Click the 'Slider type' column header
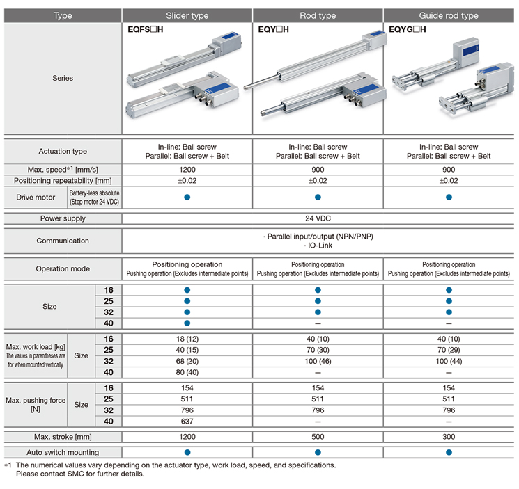pyautogui.click(x=187, y=15)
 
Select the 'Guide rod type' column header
pyautogui.click(x=449, y=15)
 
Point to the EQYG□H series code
pyautogui.click(x=408, y=30)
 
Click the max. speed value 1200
pyautogui.click(x=187, y=169)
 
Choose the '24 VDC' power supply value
pyautogui.click(x=318, y=218)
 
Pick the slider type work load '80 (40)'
pyautogui.click(x=187, y=372)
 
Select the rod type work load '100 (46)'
pyautogui.click(x=318, y=361)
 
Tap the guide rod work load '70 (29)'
pyautogui.click(x=449, y=350)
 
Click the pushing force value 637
pyautogui.click(x=187, y=421)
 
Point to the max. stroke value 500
pyautogui.click(x=318, y=437)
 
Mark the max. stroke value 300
pyautogui.click(x=449, y=437)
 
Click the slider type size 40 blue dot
pyautogui.click(x=187, y=323)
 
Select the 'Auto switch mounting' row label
pyautogui.click(x=63, y=452)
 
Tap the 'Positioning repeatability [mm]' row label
pyautogui.click(x=63, y=181)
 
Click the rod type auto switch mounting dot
pyautogui.click(x=318, y=452)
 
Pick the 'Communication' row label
pyautogui.click(x=63, y=241)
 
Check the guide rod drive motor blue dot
pyautogui.click(x=449, y=198)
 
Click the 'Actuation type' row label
pyautogui.click(x=63, y=151)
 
